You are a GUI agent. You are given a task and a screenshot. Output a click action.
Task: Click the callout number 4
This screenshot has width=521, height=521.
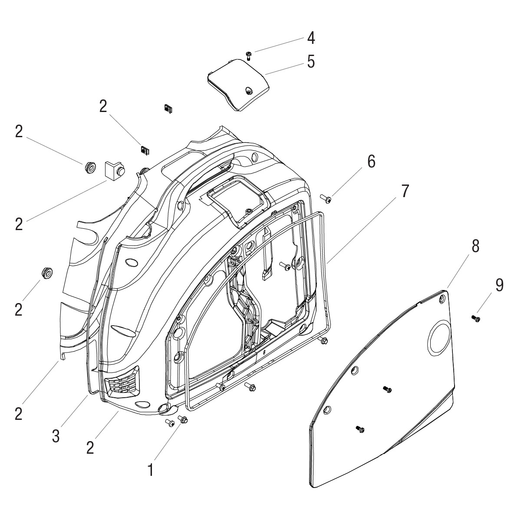click(x=311, y=38)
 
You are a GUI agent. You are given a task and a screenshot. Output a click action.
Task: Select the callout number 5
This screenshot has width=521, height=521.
click(x=311, y=62)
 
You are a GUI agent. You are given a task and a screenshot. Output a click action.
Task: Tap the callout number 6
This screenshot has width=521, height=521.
click(x=371, y=162)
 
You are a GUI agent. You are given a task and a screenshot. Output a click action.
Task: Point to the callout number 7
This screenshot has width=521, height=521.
click(x=405, y=191)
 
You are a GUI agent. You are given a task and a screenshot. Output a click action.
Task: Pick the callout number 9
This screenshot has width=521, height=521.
click(x=499, y=285)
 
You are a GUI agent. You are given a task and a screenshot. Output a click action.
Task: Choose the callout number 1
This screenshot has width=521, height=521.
click(x=151, y=470)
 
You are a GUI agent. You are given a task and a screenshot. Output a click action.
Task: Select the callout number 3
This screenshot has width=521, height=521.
click(x=56, y=436)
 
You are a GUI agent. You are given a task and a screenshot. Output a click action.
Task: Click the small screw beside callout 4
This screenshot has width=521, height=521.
click(x=249, y=56)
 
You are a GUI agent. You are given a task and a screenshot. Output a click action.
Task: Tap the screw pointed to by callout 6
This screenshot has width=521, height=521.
click(x=326, y=199)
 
